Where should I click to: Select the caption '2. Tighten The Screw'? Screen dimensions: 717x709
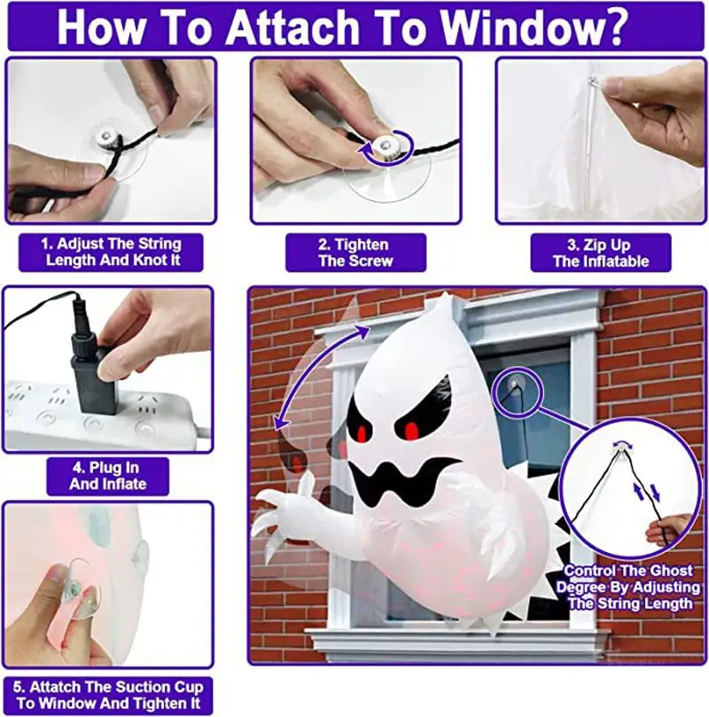tap(354, 253)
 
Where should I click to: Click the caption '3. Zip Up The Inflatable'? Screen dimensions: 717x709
tap(600, 253)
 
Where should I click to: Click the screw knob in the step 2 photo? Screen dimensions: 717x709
tap(384, 146)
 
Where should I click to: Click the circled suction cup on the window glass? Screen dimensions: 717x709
tap(515, 385)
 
